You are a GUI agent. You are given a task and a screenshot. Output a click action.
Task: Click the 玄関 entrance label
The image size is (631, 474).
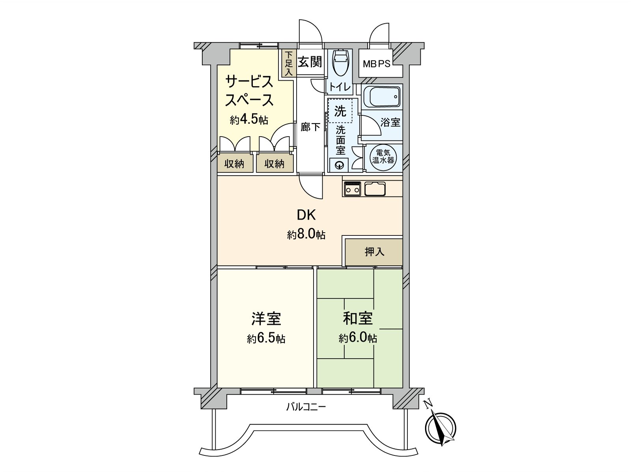click(310, 62)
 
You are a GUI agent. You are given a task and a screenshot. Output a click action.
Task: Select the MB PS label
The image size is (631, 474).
click(376, 63)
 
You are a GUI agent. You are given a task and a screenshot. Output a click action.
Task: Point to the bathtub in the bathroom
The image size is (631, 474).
click(381, 96)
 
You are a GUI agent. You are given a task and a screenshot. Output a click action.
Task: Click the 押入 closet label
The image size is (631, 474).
click(374, 251)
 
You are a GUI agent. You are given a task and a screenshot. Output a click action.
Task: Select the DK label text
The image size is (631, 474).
click(306, 215)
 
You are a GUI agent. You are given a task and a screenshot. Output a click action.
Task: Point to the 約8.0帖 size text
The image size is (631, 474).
click(306, 235)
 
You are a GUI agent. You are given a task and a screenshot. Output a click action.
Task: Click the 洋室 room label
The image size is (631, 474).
click(267, 318)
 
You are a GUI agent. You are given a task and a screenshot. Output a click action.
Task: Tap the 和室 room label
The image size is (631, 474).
click(358, 318)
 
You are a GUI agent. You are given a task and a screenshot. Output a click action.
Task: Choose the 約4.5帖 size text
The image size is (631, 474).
click(249, 120)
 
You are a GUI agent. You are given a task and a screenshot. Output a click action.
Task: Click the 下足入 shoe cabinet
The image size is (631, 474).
click(289, 63)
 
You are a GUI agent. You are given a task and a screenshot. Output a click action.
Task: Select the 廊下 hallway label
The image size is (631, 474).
click(310, 127)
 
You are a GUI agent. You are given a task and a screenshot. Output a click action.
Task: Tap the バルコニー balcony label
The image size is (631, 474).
click(306, 407)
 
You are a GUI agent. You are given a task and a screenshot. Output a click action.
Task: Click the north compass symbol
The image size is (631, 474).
click(441, 428)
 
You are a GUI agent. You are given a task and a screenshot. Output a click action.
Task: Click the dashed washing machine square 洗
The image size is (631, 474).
click(340, 111)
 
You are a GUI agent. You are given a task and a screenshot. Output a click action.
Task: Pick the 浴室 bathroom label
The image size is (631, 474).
click(390, 122)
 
